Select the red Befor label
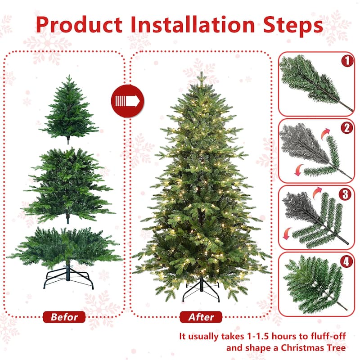(x=64, y=317)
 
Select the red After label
(x=201, y=317)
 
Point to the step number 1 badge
(x=347, y=61)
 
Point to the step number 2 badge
(x=347, y=128)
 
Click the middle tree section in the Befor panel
(x=67, y=184)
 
